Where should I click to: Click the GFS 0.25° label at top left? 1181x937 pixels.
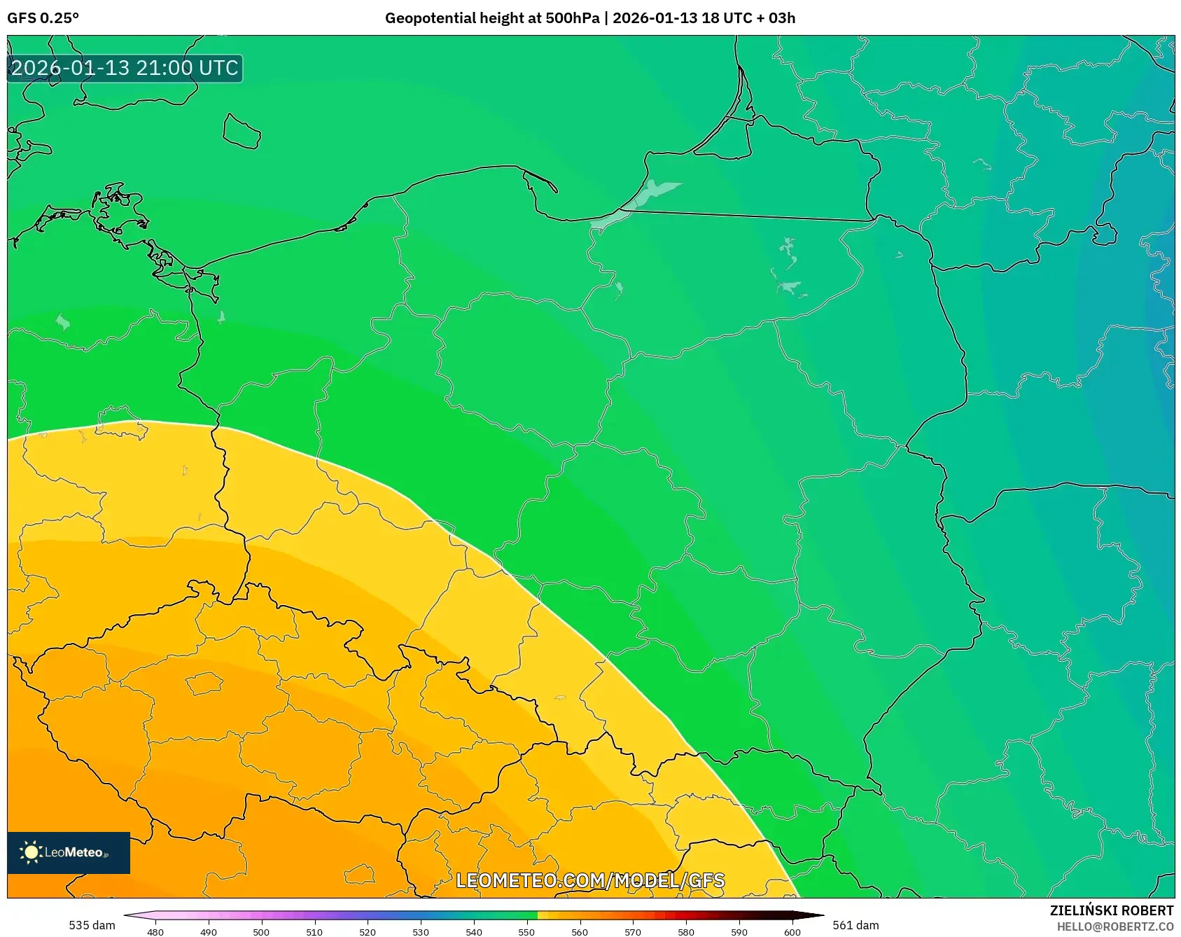tap(43, 18)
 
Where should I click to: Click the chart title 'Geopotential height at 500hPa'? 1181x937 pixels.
tap(491, 18)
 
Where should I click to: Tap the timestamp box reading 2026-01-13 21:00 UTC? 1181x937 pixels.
tap(125, 68)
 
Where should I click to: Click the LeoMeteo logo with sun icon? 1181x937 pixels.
tap(68, 852)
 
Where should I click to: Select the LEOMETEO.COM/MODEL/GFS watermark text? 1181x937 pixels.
tap(589, 880)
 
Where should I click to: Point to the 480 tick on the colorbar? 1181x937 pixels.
tap(155, 931)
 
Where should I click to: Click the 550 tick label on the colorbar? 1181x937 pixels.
tap(526, 931)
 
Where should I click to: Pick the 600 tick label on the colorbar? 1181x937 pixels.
tap(792, 931)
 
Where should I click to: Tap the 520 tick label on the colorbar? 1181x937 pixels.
tap(368, 931)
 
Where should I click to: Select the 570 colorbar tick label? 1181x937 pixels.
tap(633, 931)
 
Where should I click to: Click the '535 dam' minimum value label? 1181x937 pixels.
tap(92, 925)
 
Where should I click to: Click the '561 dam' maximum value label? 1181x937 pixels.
tap(855, 925)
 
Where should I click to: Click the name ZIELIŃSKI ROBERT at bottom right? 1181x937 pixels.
tap(1111, 910)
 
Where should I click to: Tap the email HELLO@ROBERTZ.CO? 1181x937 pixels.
tap(1114, 926)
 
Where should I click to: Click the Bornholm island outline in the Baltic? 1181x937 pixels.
tap(242, 132)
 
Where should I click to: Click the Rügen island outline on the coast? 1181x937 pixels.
tap(119, 207)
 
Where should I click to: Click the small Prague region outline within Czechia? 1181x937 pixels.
tap(204, 683)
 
